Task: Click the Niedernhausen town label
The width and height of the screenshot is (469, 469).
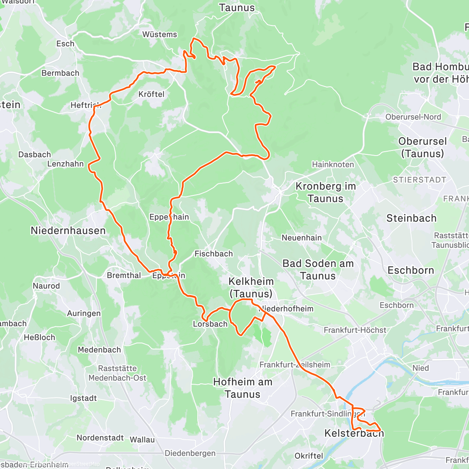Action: click(x=68, y=231)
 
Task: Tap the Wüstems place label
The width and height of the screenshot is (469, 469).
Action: click(x=159, y=34)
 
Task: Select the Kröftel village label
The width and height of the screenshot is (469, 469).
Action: click(x=151, y=94)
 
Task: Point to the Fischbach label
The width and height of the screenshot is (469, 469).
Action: click(x=213, y=254)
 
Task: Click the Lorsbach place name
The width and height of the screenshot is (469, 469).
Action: click(x=210, y=324)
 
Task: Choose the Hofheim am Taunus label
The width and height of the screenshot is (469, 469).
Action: click(x=242, y=388)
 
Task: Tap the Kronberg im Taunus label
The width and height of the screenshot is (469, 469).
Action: click(x=325, y=192)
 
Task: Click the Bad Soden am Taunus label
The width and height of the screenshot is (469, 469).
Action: click(x=318, y=270)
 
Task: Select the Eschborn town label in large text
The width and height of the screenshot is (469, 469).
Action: click(x=411, y=270)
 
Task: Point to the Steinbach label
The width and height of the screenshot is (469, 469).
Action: click(x=411, y=218)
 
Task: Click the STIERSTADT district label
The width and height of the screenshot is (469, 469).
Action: click(x=419, y=180)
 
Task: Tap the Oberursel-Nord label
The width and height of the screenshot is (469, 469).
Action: click(x=413, y=117)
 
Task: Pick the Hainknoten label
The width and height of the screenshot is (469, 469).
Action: click(x=333, y=165)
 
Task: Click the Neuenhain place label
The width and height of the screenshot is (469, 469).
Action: click(x=301, y=238)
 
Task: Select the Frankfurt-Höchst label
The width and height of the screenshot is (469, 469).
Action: click(x=355, y=330)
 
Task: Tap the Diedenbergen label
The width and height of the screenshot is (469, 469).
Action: click(x=190, y=453)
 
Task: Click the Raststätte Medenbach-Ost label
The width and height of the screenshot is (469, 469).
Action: click(x=117, y=373)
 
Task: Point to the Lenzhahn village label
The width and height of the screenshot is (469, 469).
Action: click(x=65, y=164)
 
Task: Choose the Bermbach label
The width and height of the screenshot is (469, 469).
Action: click(x=60, y=73)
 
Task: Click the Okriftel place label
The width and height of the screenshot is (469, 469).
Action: click(x=309, y=456)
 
